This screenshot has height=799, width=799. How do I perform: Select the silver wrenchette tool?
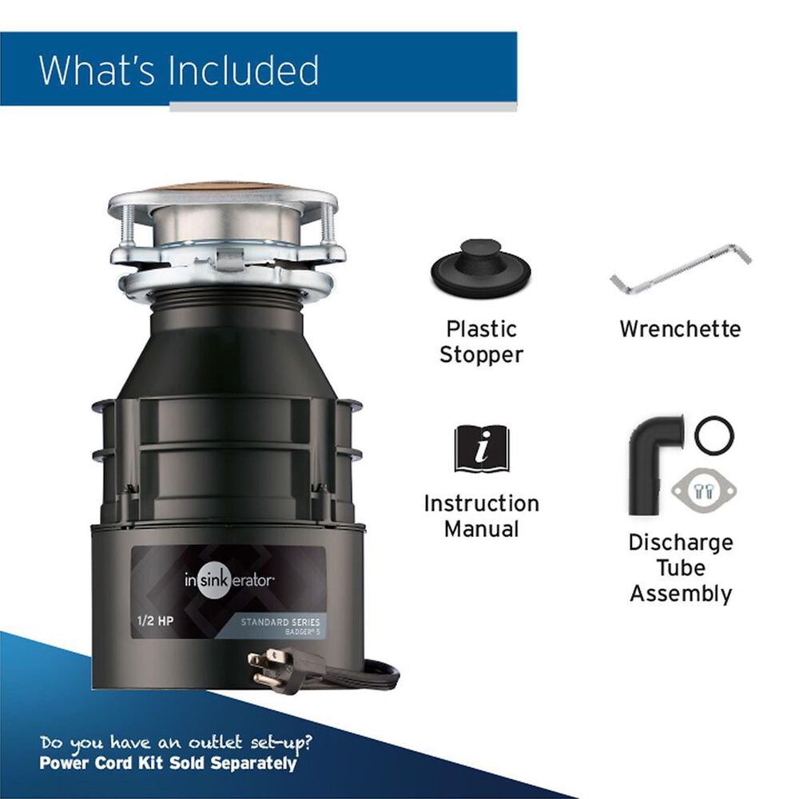tap(680, 269)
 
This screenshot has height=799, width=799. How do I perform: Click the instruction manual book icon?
tap(481, 449)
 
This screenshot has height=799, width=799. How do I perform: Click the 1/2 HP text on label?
tap(152, 618)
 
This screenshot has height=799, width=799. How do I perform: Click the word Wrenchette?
tap(680, 329)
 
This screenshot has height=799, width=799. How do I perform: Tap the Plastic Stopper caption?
tap(481, 342)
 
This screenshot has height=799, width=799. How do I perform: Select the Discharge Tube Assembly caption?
tap(680, 568)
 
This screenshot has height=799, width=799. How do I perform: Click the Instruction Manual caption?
tap(481, 516)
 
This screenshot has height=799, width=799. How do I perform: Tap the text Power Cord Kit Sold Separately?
tap(168, 763)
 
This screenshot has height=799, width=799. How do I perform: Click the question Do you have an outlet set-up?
tap(175, 742)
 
